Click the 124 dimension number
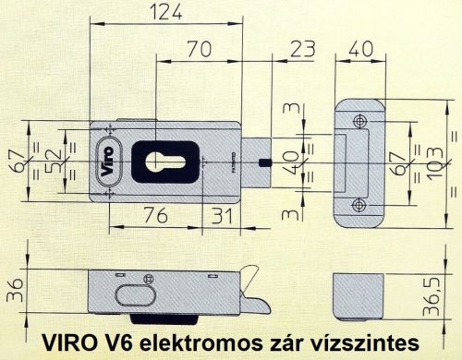click(168, 12)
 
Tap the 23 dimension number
click(301, 47)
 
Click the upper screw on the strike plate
click(359, 120)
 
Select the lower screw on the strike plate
click(359, 204)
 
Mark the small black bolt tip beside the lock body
click(265, 162)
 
